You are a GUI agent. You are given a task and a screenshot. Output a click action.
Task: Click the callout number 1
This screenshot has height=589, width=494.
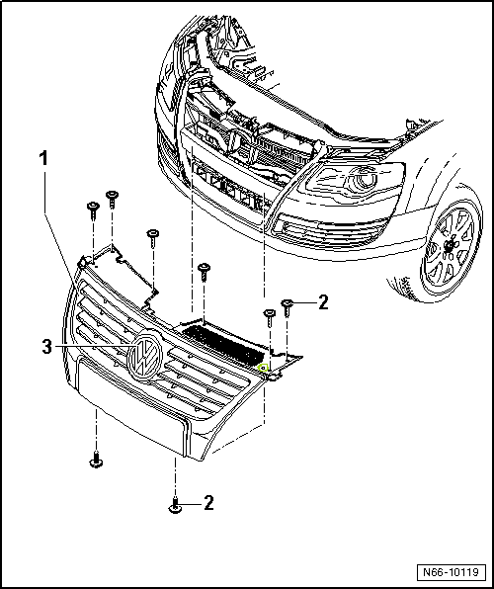[44, 159]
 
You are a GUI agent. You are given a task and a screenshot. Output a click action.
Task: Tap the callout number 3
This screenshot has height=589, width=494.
[46, 347]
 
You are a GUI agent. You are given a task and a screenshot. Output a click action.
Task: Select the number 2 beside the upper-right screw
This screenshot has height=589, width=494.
[323, 302]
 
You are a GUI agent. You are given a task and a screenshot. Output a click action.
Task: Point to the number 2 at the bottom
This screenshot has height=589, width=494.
[208, 503]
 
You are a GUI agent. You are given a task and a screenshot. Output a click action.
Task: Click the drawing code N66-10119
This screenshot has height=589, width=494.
[451, 572]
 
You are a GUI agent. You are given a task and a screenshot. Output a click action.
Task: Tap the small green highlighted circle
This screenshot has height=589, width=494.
[264, 368]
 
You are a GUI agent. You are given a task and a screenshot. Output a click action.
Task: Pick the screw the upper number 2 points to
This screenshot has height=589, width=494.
[288, 307]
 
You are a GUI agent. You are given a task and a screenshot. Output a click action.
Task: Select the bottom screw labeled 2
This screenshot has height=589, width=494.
[175, 505]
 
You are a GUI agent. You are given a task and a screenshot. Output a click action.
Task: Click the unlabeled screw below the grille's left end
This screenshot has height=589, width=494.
[96, 460]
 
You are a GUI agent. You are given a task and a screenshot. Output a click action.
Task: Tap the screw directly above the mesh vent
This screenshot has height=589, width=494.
[204, 272]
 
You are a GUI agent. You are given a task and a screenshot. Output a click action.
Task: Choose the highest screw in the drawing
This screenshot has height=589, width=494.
[112, 199]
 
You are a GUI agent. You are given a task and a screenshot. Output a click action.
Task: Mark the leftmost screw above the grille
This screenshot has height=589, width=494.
[93, 210]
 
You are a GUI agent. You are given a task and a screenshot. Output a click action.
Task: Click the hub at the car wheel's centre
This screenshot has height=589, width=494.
[449, 246]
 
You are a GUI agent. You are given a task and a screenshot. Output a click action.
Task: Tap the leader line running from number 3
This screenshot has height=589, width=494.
[93, 346]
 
